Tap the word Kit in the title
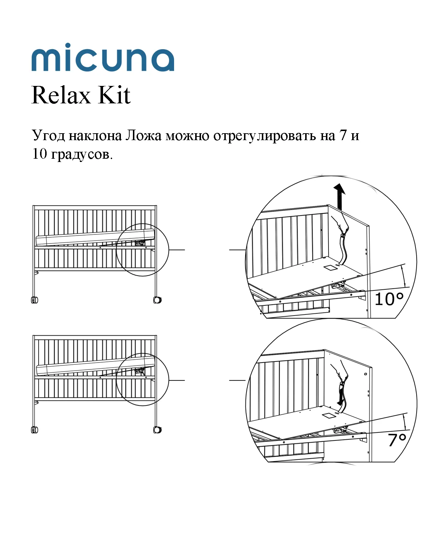pyautogui.click(x=114, y=95)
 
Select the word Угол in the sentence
pyautogui.click(x=48, y=136)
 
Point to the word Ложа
pyautogui.click(x=143, y=135)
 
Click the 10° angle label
pyautogui.click(x=389, y=299)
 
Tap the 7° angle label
pyautogui.click(x=397, y=440)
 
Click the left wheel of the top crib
pyautogui.click(x=35, y=300)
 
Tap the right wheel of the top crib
pyautogui.click(x=157, y=300)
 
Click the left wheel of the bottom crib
pyautogui.click(x=35, y=430)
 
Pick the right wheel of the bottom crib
pyautogui.click(x=157, y=430)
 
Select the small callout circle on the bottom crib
pyautogui.click(x=142, y=380)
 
